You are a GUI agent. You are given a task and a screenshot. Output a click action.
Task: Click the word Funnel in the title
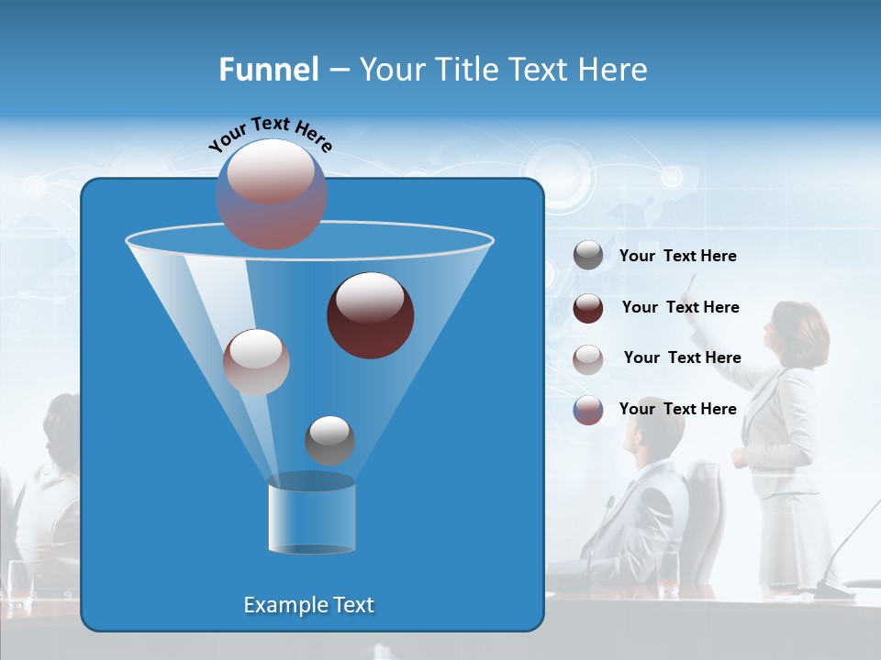coord(268,70)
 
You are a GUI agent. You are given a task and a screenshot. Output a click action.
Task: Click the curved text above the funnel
coord(270,134)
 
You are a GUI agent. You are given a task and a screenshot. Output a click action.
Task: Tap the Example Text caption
coord(308,605)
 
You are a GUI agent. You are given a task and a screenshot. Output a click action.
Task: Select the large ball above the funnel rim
coord(272,193)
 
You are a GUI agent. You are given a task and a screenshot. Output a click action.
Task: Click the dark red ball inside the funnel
coord(371,315)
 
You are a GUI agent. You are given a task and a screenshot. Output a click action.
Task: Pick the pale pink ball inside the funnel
coord(256,362)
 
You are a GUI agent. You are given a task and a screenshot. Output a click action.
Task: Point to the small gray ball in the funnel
coord(329,440)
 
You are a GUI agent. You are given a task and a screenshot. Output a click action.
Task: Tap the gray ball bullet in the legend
coord(588,256)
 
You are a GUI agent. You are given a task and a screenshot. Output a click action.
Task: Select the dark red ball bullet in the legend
coord(588,308)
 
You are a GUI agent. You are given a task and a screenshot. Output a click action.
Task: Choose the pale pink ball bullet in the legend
coord(588,358)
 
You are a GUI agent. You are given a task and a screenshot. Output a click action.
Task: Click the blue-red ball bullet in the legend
coord(588,410)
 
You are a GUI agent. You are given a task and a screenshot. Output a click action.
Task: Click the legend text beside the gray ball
coord(677,257)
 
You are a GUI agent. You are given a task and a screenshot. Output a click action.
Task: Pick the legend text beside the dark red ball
coord(680,308)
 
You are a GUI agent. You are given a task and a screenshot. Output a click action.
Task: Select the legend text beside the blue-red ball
coord(677,410)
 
